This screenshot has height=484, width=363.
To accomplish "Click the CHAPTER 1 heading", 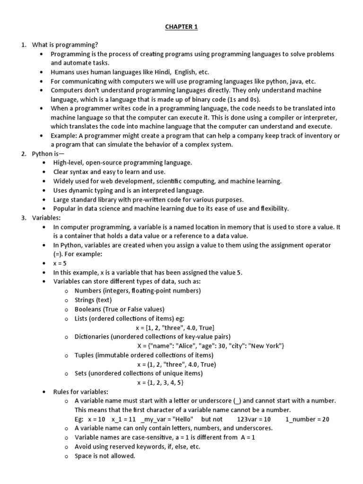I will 181,27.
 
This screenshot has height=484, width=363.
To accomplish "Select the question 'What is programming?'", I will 65,45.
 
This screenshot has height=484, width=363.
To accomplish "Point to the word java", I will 294,81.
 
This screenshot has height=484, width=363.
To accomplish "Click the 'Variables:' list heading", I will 46,217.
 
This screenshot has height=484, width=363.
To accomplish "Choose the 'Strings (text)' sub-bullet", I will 94,300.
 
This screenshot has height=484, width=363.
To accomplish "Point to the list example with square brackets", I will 174,328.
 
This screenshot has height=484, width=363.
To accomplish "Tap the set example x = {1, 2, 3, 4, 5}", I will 160,382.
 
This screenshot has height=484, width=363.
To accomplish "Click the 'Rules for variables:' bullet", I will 81,391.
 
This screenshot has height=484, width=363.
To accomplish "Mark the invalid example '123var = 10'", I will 254,419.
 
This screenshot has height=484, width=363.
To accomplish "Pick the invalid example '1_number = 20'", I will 307,419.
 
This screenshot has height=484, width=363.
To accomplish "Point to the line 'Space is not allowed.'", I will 105,456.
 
